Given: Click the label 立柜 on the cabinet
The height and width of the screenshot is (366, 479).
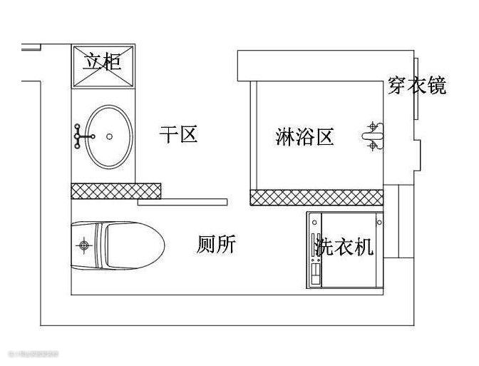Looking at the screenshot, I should tap(103, 60).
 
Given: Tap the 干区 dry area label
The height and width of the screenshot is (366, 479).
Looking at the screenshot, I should tap(177, 135).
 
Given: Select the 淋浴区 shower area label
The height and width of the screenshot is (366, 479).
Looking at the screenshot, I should tap(305, 136).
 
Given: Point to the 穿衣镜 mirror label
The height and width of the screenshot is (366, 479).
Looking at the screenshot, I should tap(417, 85).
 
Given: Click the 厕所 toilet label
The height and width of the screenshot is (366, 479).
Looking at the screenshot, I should tap(215, 245).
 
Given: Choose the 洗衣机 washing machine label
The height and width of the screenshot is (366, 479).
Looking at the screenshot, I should tap(344, 247).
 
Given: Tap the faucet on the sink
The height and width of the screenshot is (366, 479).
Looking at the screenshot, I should tap(83, 134).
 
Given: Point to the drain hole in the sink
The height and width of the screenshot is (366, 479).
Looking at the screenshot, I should tap(109, 135).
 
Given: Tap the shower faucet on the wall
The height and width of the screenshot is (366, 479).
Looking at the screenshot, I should tap(373, 136).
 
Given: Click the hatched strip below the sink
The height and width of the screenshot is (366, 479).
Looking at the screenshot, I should tap(115, 190).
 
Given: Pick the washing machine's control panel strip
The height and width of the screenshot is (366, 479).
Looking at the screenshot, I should tap(314, 250).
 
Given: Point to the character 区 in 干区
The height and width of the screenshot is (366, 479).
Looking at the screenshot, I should tap(188, 135).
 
